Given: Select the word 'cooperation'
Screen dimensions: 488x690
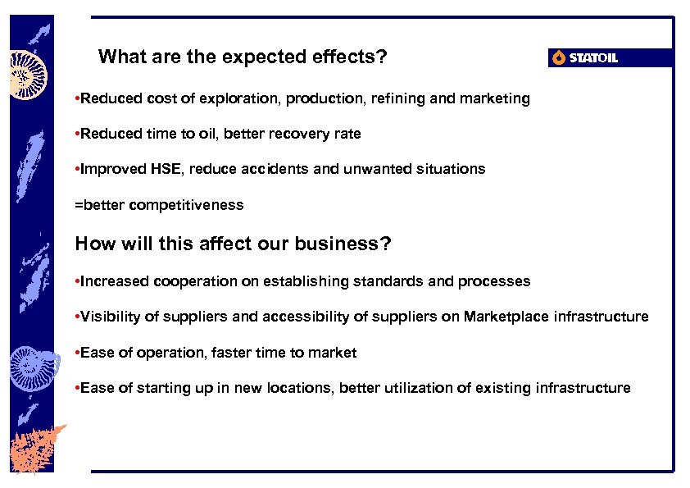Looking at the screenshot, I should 195,281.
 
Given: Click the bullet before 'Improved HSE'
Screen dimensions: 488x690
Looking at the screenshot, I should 76,169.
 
